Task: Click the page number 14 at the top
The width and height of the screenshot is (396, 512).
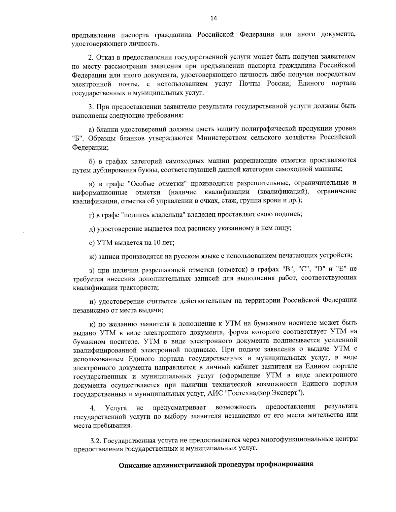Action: [x=213, y=18]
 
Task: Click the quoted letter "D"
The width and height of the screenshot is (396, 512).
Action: [x=319, y=270]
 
